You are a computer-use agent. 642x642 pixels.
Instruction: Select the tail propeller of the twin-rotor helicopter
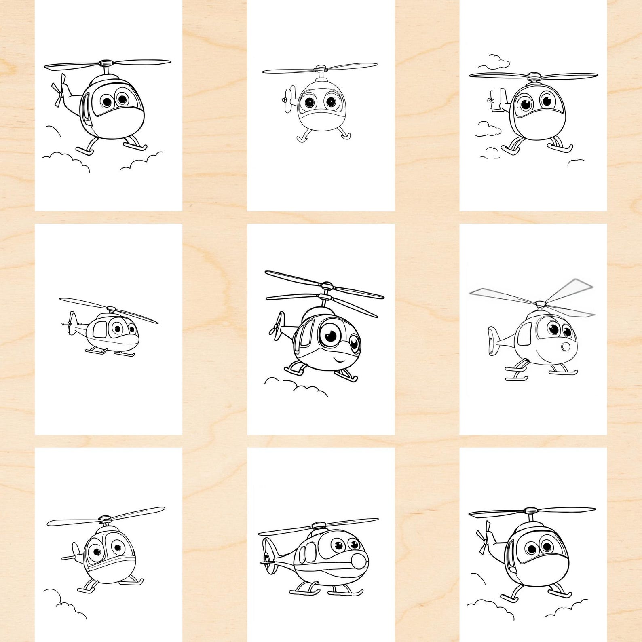point(276,327)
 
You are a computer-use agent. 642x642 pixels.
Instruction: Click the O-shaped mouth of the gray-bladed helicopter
point(566,347)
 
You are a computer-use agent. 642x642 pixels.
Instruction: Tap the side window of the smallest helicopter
point(99,330)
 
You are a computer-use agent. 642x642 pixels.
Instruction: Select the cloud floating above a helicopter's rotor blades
point(494,61)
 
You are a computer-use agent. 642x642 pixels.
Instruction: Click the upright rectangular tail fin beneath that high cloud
point(503,98)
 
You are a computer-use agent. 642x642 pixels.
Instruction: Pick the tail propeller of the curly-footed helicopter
point(287,99)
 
